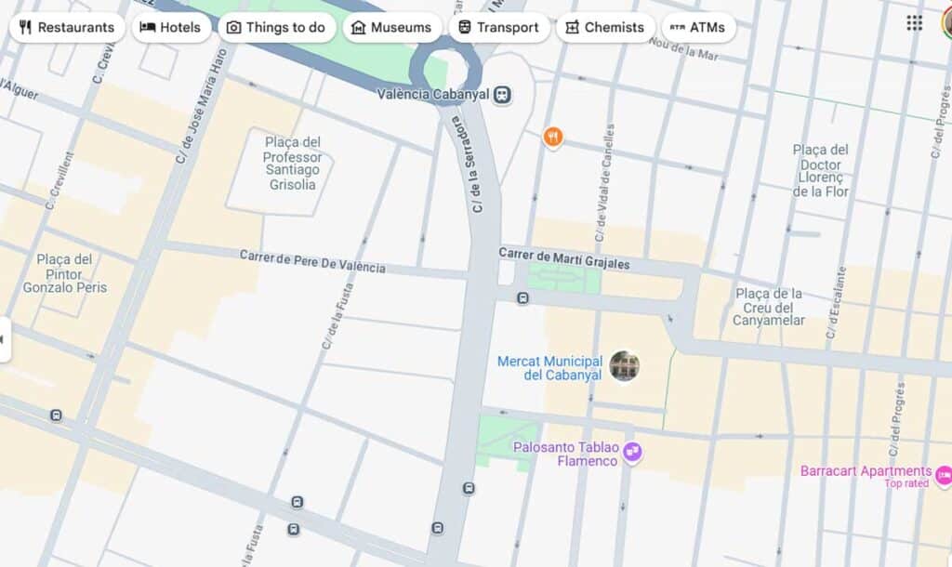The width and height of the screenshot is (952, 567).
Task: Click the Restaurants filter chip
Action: pyautogui.click(x=67, y=27)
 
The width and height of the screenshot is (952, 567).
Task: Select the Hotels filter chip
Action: pyautogui.click(x=170, y=27)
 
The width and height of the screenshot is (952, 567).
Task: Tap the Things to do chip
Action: pyautogui.click(x=276, y=27)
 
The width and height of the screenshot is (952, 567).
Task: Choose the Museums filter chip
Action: pyautogui.click(x=391, y=27)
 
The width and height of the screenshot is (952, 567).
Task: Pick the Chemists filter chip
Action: pyautogui.click(x=605, y=27)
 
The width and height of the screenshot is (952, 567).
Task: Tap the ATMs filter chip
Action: pyautogui.click(x=698, y=27)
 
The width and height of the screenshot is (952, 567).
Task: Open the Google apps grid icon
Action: pyautogui.click(x=915, y=23)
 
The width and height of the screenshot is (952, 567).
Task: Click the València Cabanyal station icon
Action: pyautogui.click(x=502, y=94)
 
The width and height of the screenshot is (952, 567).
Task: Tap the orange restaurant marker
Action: pyautogui.click(x=553, y=138)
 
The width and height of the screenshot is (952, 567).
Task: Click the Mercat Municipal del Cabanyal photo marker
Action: pyautogui.click(x=625, y=366)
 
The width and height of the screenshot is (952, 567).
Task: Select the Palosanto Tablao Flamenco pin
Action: pyautogui.click(x=633, y=453)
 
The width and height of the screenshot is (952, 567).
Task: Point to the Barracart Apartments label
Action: pyautogui.click(x=866, y=471)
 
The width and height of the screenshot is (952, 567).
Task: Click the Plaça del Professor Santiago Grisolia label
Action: pyautogui.click(x=292, y=164)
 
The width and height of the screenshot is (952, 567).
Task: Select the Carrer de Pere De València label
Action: pyautogui.click(x=312, y=261)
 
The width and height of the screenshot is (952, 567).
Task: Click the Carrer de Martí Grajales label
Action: pyautogui.click(x=563, y=258)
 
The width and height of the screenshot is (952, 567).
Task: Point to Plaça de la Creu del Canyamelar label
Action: pyautogui.click(x=768, y=307)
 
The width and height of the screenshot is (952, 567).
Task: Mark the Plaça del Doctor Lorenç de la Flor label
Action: pyautogui.click(x=821, y=170)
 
